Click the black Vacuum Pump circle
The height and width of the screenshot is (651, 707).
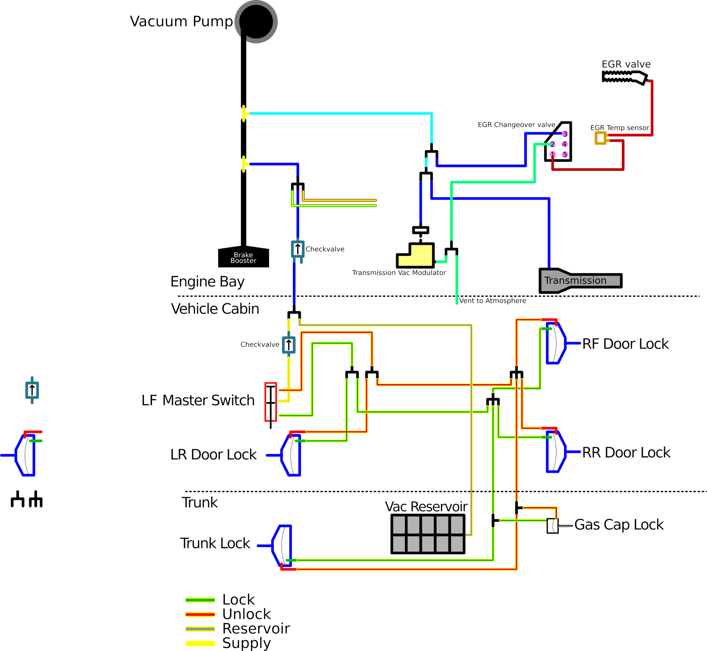[256, 21]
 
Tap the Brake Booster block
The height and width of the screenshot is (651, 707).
[243, 257]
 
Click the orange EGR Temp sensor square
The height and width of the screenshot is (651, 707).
[600, 138]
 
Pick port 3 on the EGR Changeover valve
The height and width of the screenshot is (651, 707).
[565, 134]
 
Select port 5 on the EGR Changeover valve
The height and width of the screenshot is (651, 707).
[564, 154]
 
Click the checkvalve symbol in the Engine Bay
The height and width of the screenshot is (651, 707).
[298, 249]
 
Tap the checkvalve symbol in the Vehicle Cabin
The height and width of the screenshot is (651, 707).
[289, 345]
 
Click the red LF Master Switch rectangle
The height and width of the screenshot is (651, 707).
[271, 402]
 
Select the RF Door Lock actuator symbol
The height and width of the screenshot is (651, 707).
[556, 343]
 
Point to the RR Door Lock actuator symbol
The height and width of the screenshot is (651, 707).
[556, 452]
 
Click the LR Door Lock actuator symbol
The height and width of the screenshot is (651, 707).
[291, 455]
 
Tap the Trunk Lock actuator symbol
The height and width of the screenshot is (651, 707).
[282, 546]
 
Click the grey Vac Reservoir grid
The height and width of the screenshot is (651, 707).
[428, 534]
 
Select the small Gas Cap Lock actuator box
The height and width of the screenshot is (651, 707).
[552, 526]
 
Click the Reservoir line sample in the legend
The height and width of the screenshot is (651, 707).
[200, 629]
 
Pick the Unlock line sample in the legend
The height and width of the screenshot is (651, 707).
[200, 614]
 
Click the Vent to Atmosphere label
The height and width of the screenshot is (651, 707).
[492, 301]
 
